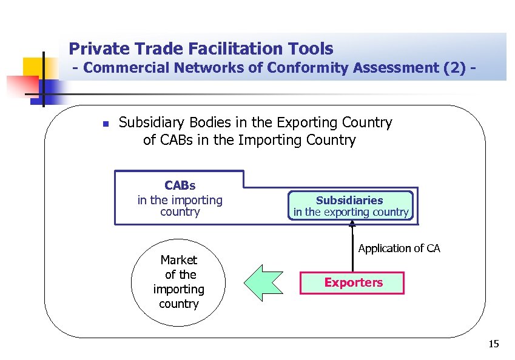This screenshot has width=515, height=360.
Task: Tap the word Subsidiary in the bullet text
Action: [x=146, y=122]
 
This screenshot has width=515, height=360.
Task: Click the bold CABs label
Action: [x=180, y=185]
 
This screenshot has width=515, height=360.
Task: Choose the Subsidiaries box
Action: [x=349, y=205]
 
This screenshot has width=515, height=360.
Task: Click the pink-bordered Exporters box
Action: [x=353, y=282]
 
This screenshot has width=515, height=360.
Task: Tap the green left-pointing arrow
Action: [x=263, y=282]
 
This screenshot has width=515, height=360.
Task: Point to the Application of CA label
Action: [x=399, y=248]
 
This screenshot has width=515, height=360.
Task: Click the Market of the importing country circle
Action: [x=179, y=282]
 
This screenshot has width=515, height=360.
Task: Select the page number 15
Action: [x=493, y=345]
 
